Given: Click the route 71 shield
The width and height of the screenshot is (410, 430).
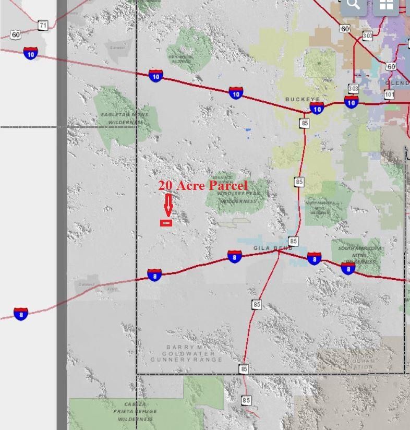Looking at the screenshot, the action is coord(43,25).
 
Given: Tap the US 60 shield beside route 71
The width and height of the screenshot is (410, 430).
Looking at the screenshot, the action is coord(16,35).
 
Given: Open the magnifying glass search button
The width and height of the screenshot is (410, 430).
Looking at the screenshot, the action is coord(353,5).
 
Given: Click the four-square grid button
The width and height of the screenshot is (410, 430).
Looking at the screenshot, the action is coord(386,5).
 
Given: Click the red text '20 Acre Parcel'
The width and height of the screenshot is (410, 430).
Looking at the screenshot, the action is coord(203,185).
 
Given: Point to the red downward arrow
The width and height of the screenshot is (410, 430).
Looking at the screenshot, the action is coord(168,205).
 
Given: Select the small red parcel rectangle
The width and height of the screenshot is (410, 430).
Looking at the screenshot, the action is coord(166,223).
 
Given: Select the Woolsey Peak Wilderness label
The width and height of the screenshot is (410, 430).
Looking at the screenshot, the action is coord(239,197).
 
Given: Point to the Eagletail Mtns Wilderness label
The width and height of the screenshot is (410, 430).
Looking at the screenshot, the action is coord(125,118).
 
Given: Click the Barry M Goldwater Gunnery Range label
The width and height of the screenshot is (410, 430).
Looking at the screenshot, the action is coord(186,353).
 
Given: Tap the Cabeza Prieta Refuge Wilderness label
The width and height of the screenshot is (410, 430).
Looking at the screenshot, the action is coord(135,411).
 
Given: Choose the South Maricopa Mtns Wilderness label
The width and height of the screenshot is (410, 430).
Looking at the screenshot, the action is coord(360,255).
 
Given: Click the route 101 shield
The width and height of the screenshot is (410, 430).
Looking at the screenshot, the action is coord(389,94).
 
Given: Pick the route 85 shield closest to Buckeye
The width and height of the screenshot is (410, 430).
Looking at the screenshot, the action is coord(305,123).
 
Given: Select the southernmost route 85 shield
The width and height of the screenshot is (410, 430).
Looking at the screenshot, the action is coord(246,400).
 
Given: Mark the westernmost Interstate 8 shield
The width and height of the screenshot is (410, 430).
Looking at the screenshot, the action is coord(21,314).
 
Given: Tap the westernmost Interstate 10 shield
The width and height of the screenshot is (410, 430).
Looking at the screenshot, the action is coord(31,53).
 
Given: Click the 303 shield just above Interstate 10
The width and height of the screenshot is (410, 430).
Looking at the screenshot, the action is coord(353,88).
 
